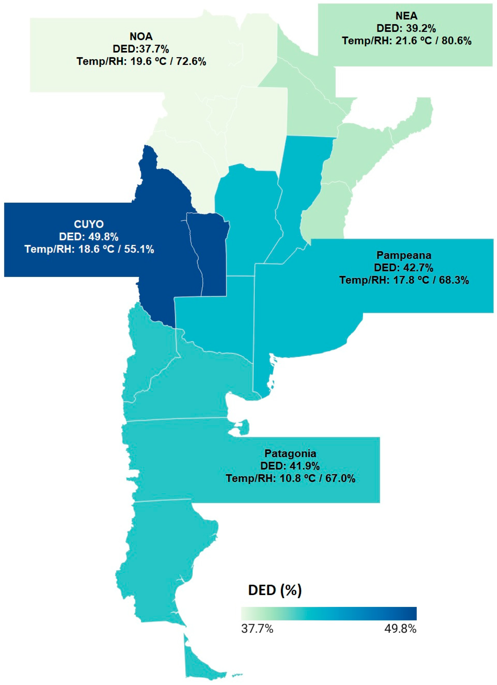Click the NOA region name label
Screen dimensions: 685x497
141,37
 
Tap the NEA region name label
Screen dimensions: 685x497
406,16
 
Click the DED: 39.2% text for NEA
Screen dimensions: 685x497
406,28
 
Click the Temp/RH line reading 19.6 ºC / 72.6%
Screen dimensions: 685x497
141,62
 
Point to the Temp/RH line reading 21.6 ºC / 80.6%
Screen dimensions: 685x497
406,41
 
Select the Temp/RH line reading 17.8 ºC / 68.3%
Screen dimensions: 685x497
404,280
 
